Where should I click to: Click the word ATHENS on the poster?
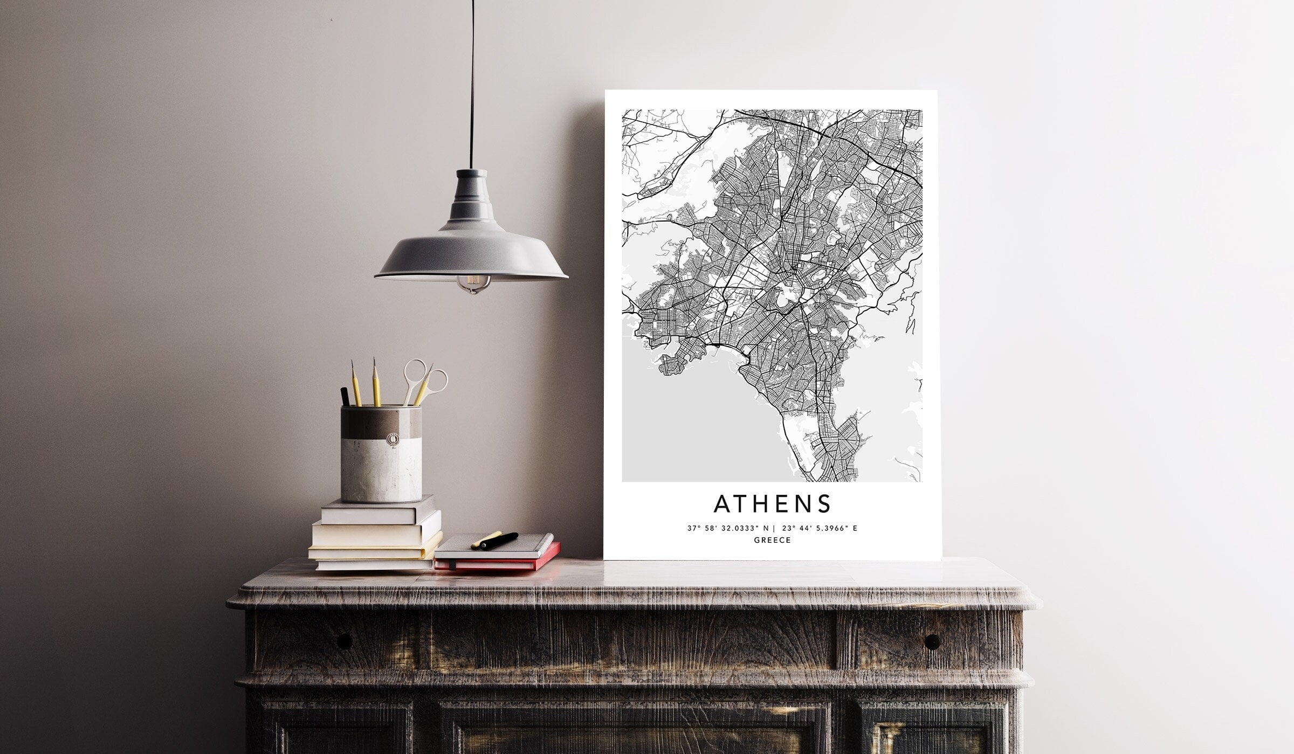point(772,504)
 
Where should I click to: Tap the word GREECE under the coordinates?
point(772,540)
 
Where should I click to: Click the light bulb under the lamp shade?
point(473,283)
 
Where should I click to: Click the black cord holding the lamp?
point(472,81)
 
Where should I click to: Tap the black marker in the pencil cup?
point(345,397)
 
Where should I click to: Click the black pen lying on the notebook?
point(499,540)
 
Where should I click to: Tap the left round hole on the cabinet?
point(343,641)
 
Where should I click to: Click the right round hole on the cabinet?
point(932,641)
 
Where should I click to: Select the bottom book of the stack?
point(374,564)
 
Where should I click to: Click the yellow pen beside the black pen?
point(486,539)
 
